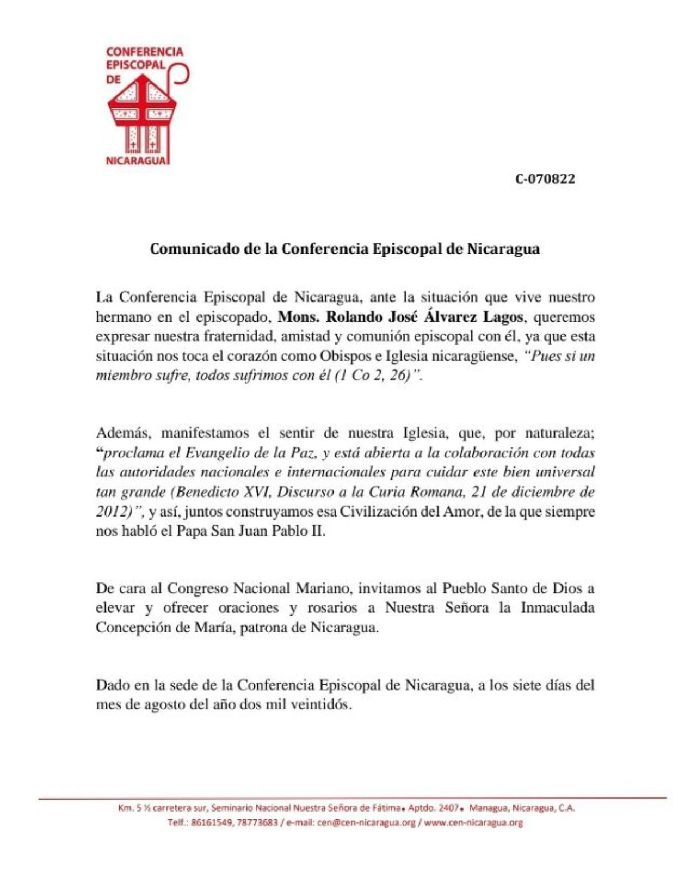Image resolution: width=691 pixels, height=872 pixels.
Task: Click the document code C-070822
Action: tap(545, 179)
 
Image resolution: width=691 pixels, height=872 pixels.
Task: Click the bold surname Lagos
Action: tap(503, 317)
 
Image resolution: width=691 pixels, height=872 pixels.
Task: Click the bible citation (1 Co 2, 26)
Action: tap(376, 376)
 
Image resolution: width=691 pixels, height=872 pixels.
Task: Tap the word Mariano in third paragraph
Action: tap(323, 588)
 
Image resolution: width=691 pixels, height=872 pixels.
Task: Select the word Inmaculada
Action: tap(557, 607)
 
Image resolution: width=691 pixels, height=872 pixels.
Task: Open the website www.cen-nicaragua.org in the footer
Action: tap(473, 822)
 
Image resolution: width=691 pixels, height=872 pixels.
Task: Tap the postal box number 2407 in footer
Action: tap(449, 808)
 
